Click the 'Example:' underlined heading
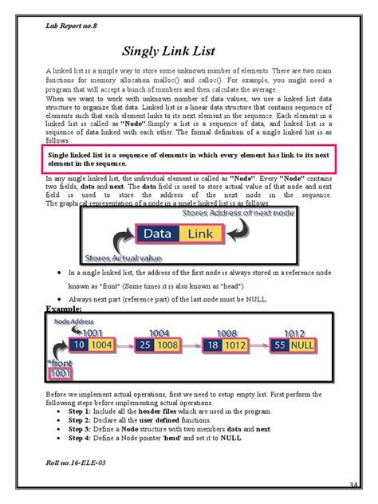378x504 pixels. [x=66, y=306]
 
